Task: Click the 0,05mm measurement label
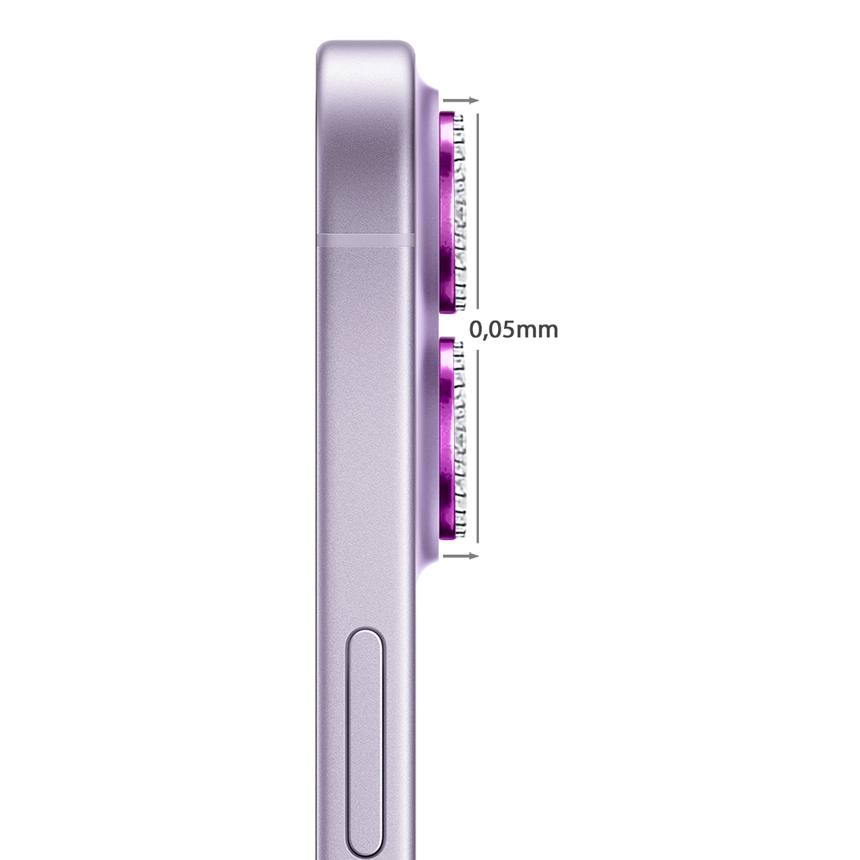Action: (514, 329)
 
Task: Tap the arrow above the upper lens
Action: (461, 101)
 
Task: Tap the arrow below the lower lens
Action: (461, 556)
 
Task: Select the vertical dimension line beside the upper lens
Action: (477, 212)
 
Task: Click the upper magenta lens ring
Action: (447, 212)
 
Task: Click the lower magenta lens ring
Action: (447, 439)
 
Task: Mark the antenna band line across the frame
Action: (365, 240)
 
